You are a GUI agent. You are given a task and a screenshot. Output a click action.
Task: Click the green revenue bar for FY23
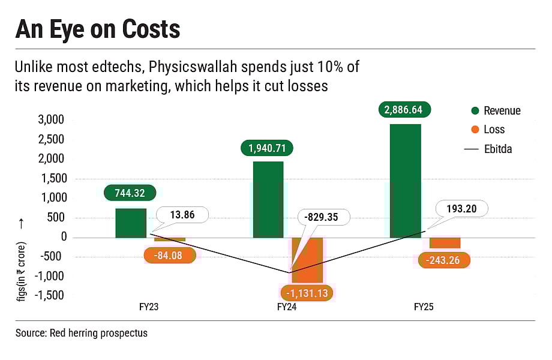coord(131,223)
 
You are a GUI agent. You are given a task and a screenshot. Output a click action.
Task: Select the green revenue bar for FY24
coord(268,200)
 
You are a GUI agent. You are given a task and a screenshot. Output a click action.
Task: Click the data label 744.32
coord(130,193)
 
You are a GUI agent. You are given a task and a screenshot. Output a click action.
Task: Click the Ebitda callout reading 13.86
coord(182,215)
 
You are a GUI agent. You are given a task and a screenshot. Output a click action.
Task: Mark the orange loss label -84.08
coord(170,256)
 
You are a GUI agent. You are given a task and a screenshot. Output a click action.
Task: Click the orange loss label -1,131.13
coord(308,293)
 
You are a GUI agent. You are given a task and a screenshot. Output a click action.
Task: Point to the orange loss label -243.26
coord(444,260)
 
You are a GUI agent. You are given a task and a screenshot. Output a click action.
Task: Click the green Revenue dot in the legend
coord(475,110)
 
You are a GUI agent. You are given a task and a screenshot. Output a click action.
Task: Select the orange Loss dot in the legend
coord(475,130)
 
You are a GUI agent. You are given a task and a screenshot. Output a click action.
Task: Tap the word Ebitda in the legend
coord(498,149)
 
